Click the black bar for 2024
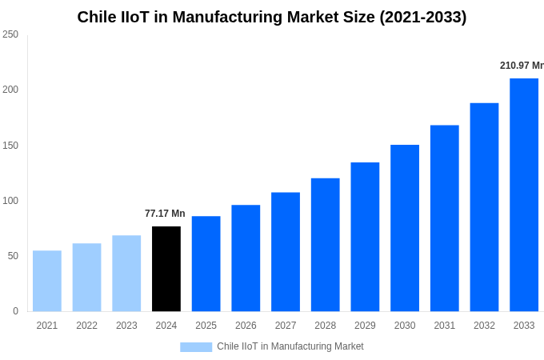(x=166, y=269)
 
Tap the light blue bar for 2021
(x=47, y=281)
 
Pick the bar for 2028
(x=325, y=245)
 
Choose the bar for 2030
(x=405, y=228)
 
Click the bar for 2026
(x=246, y=258)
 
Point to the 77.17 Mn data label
(x=165, y=214)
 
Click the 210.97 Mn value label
(x=521, y=66)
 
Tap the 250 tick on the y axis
(x=10, y=34)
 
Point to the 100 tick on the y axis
(x=10, y=201)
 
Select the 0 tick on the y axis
(x=15, y=311)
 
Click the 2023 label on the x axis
(x=126, y=326)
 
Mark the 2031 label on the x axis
(x=444, y=326)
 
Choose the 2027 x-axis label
(x=286, y=326)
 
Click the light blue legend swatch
(x=196, y=346)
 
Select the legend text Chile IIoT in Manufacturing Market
(x=290, y=346)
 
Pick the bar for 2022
(x=86, y=277)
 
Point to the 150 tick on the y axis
(x=10, y=146)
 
